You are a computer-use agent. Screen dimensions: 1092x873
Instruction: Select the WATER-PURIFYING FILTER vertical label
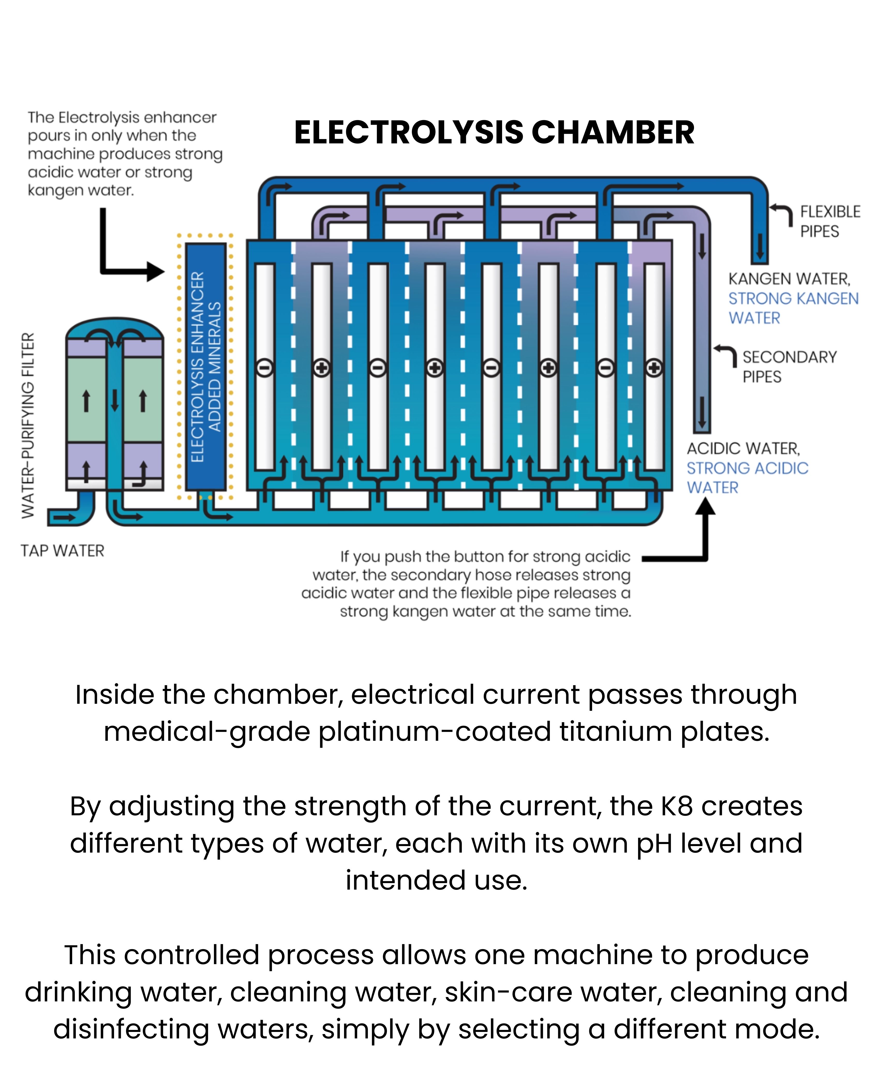click(28, 426)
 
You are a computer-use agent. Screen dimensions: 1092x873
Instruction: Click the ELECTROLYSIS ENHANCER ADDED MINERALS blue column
click(205, 367)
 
